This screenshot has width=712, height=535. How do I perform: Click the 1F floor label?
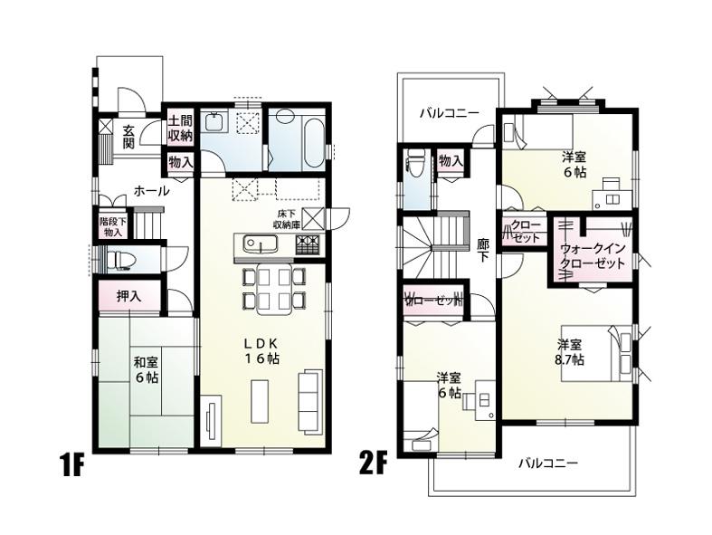tap(71, 468)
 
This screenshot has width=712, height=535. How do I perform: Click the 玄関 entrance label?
tap(129, 137)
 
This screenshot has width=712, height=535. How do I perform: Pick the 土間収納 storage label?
tap(179, 129)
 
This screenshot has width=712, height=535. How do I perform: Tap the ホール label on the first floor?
tap(150, 191)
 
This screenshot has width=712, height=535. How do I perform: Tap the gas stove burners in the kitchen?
tap(306, 244)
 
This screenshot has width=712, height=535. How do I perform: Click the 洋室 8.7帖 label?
tap(570, 351)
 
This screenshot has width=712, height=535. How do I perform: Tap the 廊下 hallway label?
tap(482, 250)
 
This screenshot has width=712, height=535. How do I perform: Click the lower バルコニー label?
tap(547, 463)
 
